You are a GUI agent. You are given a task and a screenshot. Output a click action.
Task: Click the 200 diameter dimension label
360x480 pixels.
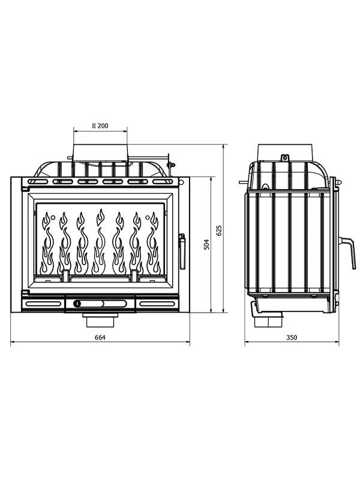pyautogui.click(x=100, y=125)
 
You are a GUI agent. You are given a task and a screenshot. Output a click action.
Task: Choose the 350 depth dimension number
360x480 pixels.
pyautogui.click(x=292, y=338)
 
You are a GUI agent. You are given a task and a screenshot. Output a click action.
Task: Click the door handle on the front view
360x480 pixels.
pyautogui.click(x=182, y=251)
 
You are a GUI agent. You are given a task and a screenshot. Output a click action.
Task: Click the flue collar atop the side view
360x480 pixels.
pyautogui.click(x=285, y=152)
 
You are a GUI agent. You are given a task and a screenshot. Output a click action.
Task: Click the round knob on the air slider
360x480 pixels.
pyautogui.click(x=77, y=304)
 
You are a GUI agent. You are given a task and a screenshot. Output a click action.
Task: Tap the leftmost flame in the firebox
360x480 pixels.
pyautogui.click(x=46, y=243)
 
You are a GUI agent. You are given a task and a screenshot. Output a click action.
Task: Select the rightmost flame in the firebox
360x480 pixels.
pyautogui.click(x=154, y=243)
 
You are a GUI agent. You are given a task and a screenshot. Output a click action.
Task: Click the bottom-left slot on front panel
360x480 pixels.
pyautogui.click(x=43, y=304)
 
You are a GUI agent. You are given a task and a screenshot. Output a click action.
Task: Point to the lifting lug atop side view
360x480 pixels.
pyautogui.click(x=284, y=158)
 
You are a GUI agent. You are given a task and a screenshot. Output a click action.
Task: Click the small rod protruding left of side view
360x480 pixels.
pyautogui.click(x=242, y=182)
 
